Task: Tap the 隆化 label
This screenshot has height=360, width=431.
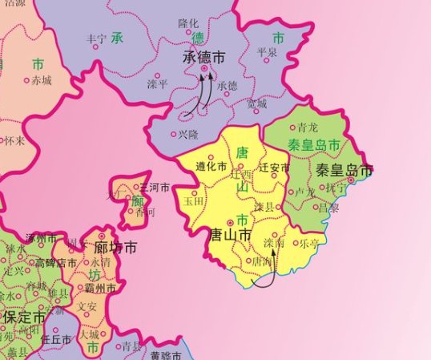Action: [188, 24]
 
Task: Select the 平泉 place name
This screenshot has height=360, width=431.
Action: [266, 52]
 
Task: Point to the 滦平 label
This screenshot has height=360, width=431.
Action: [157, 83]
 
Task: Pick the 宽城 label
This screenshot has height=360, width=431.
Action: [256, 103]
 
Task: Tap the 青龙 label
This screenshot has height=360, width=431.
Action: [308, 127]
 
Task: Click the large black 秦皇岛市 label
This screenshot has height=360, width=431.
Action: [344, 170]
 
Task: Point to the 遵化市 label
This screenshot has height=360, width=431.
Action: [211, 167]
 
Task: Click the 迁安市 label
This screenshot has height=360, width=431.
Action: [275, 167]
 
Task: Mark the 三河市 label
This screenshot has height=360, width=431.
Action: [155, 187]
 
